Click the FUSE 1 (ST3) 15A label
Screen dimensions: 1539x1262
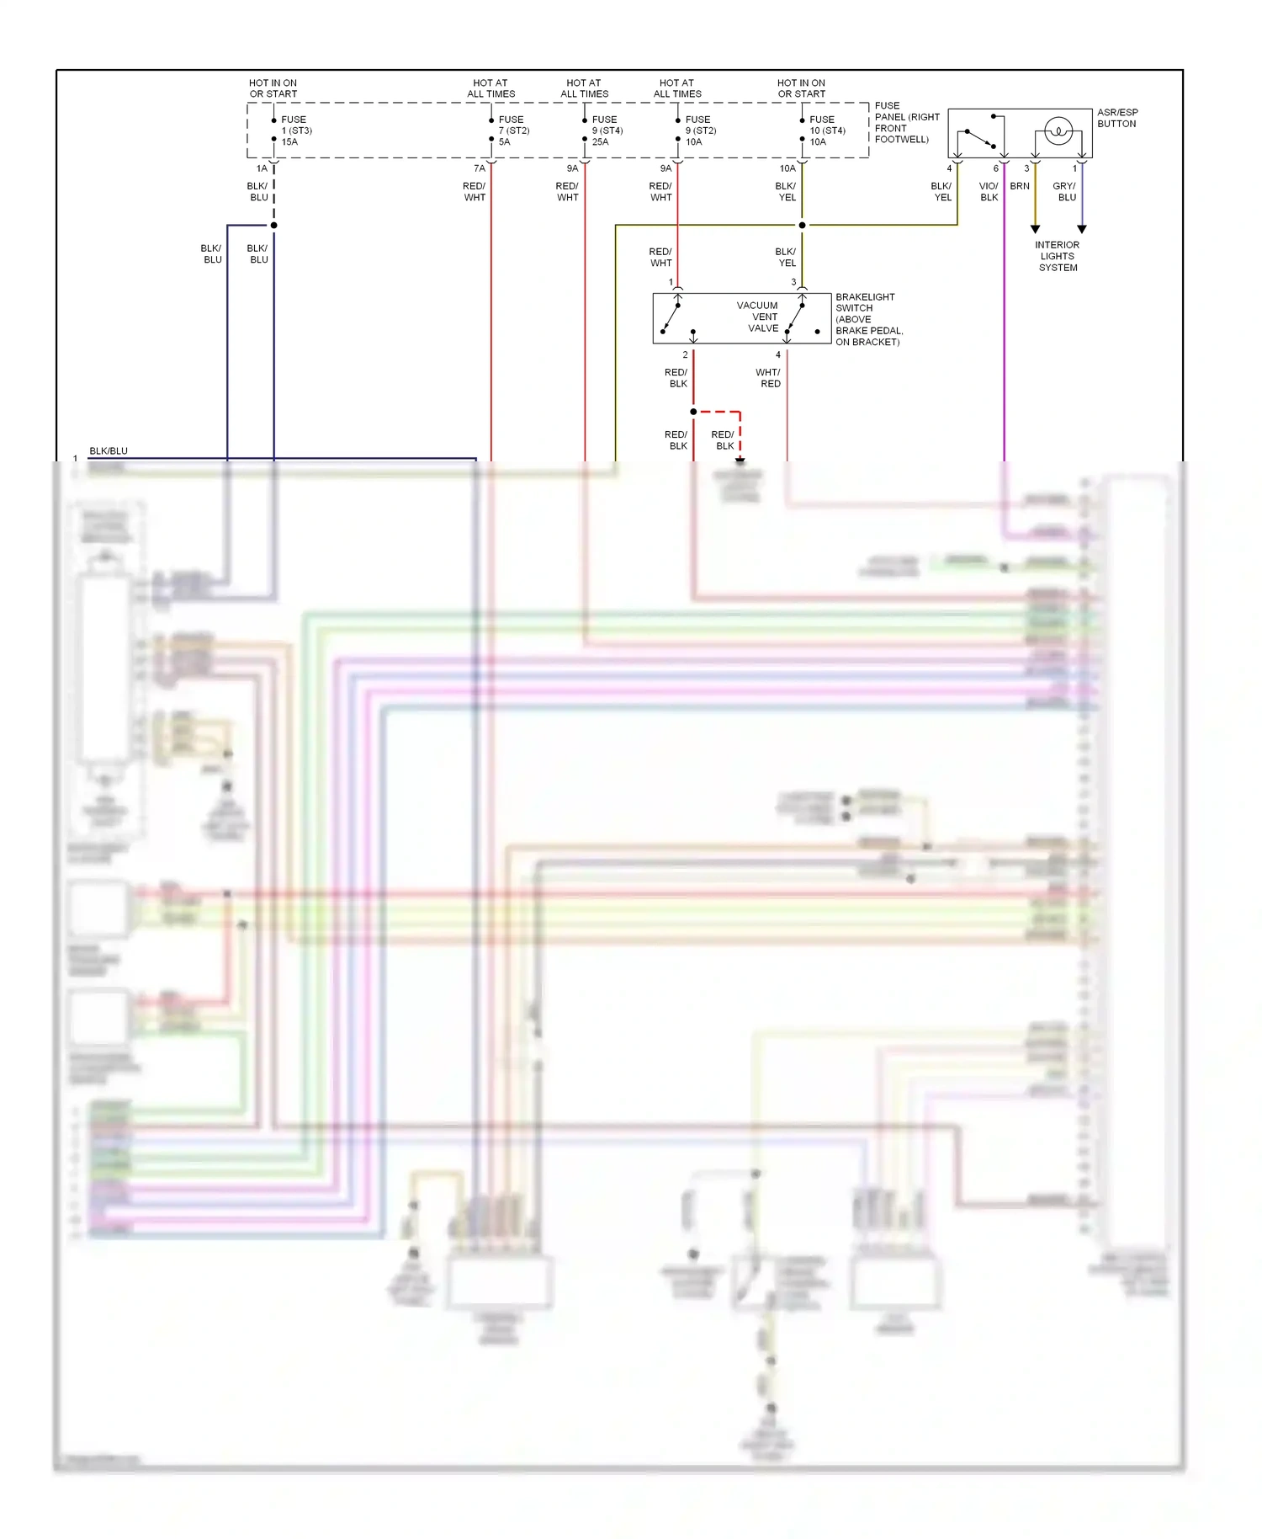[295, 130]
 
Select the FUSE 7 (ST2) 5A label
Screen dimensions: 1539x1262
[512, 130]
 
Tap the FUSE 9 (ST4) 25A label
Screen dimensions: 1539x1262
[607, 130]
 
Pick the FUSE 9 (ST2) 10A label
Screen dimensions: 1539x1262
[700, 130]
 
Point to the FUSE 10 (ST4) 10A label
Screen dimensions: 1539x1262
[826, 130]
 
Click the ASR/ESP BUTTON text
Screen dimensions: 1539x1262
[1117, 118]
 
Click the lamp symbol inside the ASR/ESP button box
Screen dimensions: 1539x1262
[1058, 131]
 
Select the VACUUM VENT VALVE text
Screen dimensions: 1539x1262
[760, 317]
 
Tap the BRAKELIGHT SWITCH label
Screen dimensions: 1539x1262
[867, 319]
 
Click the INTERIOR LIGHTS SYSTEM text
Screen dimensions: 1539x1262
[1058, 256]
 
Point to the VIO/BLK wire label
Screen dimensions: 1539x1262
[989, 191]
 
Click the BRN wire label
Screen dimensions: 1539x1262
[1020, 186]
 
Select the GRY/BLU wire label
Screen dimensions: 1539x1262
[1065, 191]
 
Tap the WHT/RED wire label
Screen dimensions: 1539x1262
[769, 377]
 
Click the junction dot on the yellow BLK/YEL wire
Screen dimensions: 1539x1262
[802, 225]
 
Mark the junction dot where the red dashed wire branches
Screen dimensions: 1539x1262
[693, 412]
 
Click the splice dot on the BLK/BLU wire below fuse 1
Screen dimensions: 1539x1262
[273, 225]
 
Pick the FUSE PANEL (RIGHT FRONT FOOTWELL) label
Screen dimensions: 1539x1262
[906, 123]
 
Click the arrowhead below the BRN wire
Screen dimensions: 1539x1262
[1036, 229]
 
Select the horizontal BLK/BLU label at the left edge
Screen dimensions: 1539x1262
[109, 451]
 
